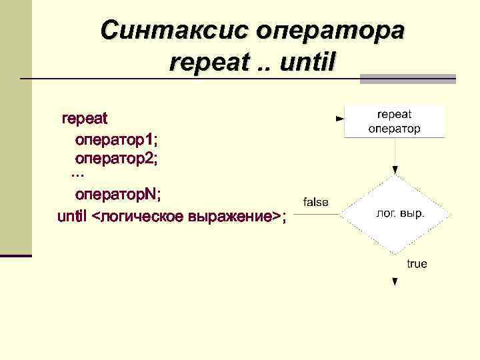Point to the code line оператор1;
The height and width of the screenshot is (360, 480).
(117, 140)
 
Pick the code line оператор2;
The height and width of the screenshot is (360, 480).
(117, 159)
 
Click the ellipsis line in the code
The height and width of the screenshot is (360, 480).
(77, 175)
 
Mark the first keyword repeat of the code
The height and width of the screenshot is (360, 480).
(85, 119)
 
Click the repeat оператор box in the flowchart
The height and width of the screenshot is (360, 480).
(394, 121)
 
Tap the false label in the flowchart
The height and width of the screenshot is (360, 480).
(316, 202)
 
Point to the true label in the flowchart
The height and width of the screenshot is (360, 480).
(417, 264)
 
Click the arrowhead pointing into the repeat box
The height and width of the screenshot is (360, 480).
(340, 119)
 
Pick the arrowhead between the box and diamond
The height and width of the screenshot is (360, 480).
(395, 170)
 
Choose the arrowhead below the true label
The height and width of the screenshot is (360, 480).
(395, 281)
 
